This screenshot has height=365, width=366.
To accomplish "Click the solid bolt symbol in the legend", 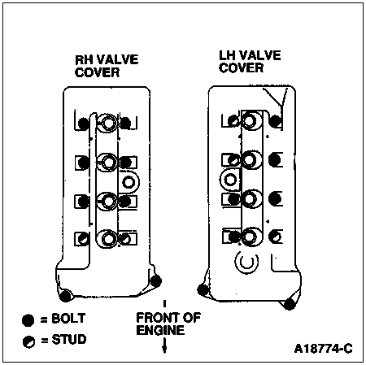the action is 28,320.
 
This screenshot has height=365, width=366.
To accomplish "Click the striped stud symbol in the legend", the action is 28,341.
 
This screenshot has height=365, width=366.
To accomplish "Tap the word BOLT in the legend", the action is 68,319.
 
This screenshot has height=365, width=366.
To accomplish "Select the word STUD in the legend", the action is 69,340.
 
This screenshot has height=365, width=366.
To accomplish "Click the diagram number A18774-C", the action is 324,349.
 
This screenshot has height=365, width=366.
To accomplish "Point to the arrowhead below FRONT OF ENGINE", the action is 164,349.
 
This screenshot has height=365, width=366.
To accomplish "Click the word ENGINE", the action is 160,330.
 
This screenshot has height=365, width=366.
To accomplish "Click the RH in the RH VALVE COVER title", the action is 83,60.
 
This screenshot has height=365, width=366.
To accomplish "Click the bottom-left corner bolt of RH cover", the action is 65,295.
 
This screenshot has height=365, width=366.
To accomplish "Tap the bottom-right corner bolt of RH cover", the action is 156,281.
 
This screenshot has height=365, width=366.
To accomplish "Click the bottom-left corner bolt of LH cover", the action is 203,289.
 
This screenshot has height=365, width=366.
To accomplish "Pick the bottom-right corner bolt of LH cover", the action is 290,303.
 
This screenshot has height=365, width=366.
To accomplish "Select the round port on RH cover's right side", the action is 129,182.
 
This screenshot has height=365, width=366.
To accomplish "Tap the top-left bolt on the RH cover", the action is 84,124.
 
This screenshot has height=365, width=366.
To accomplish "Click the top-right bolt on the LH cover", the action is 276,121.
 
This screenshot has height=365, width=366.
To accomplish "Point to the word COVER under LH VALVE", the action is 241,68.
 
